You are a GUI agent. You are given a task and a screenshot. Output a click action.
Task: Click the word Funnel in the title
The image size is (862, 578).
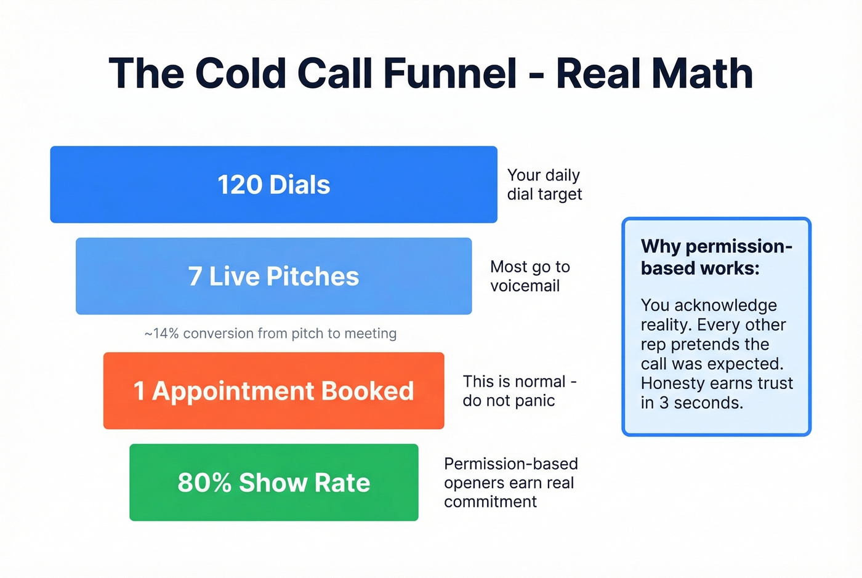coord(450,74)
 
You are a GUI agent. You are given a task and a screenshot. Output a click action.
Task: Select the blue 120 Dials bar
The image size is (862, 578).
coord(273,185)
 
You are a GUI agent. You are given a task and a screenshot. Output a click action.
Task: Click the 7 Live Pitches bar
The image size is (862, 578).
coord(273,276)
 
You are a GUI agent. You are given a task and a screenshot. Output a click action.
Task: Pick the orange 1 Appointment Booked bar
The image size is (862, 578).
coord(273,391)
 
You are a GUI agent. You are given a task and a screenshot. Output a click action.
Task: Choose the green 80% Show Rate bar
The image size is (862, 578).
coord(273,483)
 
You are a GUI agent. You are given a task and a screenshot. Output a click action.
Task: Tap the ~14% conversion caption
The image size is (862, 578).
coord(270,334)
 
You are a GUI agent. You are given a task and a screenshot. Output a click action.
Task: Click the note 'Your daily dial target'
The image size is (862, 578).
coord(544,185)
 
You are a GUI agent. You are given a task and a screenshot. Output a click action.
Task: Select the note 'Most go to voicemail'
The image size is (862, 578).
coord(530,276)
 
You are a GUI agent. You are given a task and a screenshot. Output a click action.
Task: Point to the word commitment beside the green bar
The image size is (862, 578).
coord(490,502)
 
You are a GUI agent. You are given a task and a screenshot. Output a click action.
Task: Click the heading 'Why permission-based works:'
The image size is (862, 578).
coord(716,257)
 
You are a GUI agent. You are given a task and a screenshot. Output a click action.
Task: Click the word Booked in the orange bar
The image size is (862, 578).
coord(367,391)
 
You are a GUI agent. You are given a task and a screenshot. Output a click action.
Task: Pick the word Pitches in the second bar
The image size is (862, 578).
coord(312,276)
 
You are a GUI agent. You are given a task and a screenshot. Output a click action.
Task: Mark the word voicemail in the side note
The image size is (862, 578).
coord(525,286)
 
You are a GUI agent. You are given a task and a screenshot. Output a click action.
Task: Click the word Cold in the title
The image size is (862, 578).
coord(241,74)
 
